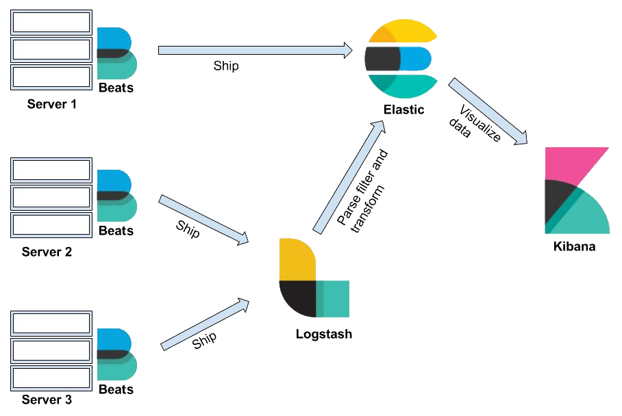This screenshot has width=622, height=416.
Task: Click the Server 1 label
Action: (x=51, y=105)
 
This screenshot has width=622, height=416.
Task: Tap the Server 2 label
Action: (x=47, y=251)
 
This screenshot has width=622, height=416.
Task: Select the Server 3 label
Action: (x=47, y=400)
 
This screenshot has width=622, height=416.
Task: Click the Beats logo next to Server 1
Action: (x=116, y=53)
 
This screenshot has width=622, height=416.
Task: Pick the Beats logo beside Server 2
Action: (x=116, y=195)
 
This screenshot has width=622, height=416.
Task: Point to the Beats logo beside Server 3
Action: (x=116, y=354)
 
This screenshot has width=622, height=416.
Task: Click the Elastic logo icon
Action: (x=401, y=60)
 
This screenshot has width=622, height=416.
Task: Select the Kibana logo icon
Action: (x=576, y=190)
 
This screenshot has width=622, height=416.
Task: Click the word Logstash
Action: (x=324, y=335)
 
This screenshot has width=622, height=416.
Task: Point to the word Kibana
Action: (x=574, y=246)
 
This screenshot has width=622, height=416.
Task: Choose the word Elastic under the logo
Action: (x=404, y=109)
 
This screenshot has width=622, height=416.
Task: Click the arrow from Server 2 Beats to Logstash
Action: (x=203, y=220)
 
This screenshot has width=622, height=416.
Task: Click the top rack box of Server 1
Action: (x=51, y=23)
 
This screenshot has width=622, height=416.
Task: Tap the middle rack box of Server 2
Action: (x=51, y=197)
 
